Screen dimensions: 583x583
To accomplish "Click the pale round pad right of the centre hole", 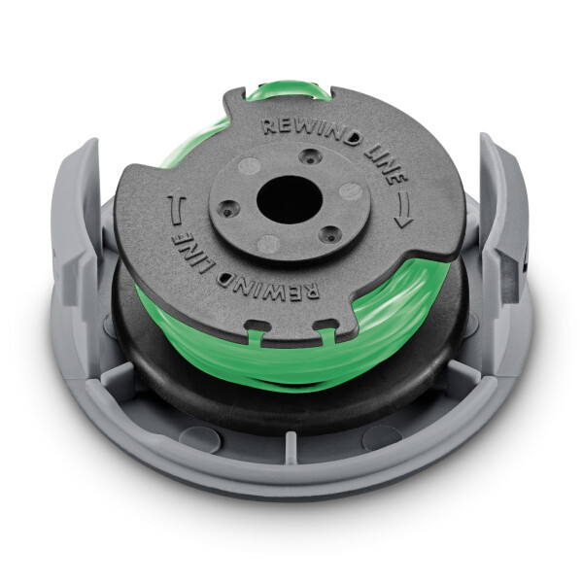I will point(350,191).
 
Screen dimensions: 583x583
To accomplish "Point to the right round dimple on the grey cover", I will point(382,436).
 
